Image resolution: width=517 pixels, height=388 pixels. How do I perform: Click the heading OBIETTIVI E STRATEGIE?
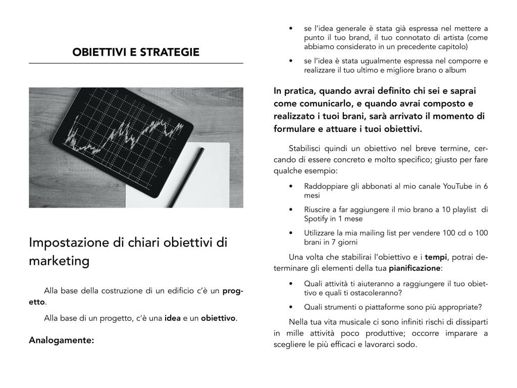click(x=136, y=52)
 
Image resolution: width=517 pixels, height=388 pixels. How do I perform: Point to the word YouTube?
click(x=458, y=186)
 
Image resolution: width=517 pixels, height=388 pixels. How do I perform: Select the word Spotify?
click(x=316, y=219)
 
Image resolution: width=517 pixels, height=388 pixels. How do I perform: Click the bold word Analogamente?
click(x=62, y=340)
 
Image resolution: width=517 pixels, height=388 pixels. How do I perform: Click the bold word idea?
click(x=173, y=318)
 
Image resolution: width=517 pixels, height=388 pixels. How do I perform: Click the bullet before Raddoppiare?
click(x=290, y=186)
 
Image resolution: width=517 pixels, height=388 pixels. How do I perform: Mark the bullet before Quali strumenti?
click(x=290, y=307)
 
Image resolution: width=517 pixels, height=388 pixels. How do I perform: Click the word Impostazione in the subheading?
click(x=68, y=242)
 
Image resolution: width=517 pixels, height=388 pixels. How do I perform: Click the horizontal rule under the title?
click(x=136, y=63)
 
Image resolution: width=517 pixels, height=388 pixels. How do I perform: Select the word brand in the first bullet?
click(x=361, y=38)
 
